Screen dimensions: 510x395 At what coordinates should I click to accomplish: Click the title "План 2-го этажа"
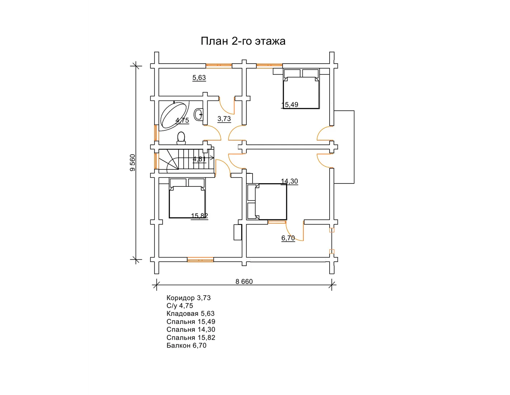coord(243,41)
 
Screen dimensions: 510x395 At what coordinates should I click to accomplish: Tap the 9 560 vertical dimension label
coord(133,163)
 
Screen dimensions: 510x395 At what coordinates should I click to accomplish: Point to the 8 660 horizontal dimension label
coord(244,282)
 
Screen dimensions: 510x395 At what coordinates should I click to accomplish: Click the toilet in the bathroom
coord(181,138)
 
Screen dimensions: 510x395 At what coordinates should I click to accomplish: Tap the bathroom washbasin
coord(199,115)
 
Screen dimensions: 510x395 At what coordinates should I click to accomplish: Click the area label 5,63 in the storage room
coord(199,78)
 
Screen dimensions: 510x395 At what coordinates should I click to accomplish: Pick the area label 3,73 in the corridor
coord(224,119)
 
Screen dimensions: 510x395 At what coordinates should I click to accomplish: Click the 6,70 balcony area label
coord(288,238)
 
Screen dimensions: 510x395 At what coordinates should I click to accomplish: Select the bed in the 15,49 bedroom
coord(301,89)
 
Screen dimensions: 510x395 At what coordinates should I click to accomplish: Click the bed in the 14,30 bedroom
coord(267,202)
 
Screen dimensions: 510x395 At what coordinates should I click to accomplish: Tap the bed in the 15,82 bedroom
coord(187,198)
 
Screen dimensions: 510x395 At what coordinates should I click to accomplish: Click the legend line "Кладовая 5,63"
coord(190,313)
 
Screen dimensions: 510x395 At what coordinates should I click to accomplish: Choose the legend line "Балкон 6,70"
coord(186,345)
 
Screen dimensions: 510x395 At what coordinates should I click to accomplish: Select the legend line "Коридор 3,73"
coord(189,298)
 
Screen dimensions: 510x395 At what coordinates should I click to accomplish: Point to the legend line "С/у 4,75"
coord(180,306)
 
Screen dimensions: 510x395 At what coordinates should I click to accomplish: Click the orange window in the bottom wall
coord(200,259)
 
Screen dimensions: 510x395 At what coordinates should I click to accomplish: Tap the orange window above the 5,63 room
coord(219,66)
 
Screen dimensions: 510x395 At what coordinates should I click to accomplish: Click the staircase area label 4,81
coord(199,159)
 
